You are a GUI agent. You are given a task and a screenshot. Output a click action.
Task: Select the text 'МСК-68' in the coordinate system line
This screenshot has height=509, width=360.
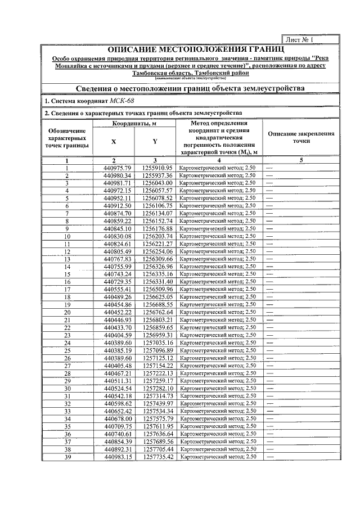[122, 101]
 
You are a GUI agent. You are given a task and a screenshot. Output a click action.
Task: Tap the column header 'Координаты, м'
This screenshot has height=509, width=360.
[134, 124]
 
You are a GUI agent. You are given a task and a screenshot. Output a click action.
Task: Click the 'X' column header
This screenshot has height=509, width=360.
[114, 142]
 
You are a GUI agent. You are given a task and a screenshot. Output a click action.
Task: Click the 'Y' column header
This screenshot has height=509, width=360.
[155, 142]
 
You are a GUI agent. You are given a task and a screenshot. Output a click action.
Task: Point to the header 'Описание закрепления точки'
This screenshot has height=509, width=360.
[301, 138]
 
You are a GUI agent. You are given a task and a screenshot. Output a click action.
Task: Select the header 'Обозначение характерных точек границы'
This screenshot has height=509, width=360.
[67, 138]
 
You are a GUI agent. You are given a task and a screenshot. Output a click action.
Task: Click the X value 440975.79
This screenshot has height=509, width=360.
[118, 168]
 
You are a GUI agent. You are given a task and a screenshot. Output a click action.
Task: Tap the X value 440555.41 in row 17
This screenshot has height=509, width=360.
[118, 289]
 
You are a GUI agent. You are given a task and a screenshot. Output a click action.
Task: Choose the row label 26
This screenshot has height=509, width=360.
[67, 358]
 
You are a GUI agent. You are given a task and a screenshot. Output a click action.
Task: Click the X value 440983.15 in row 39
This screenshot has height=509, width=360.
[118, 457]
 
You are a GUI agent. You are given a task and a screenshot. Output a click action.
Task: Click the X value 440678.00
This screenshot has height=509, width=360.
[118, 418]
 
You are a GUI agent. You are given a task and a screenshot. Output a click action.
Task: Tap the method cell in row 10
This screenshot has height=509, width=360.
[217, 236]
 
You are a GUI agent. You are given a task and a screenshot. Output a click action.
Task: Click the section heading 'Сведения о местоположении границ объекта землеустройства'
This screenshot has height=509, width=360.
[191, 88]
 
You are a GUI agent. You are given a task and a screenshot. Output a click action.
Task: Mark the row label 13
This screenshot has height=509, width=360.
[67, 259]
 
